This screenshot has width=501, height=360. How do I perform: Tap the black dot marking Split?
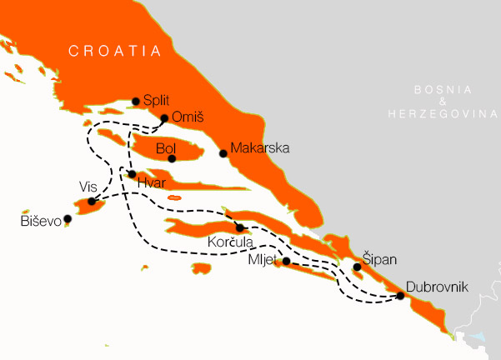coord(136,102)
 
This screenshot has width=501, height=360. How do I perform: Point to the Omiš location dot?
coord(164,118)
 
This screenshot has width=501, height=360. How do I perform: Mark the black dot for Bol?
coord(172,158)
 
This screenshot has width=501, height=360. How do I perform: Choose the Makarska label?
coord(259,148)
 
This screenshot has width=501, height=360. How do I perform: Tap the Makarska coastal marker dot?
coord(223,152)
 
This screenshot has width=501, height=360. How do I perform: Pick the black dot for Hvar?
coord(132,174)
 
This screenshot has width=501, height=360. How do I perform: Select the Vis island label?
coord(88,185)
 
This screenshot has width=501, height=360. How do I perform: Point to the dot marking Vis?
coord(91,202)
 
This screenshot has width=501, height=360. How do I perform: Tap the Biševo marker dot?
coord(68,219)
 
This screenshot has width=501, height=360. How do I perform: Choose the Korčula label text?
coord(229,243)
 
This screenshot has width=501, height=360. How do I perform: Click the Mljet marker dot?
coord(286,262)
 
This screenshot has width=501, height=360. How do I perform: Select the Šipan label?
coord(379,256)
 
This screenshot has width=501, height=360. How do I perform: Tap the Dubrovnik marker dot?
coord(400,296)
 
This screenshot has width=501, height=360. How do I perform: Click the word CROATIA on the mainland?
coord(115,52)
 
